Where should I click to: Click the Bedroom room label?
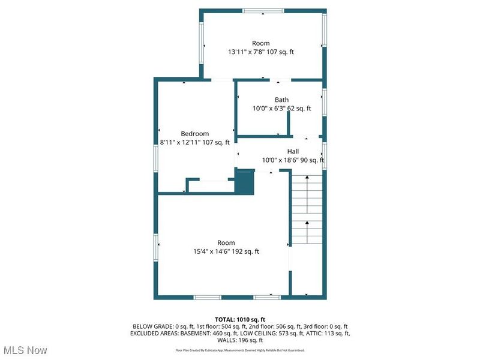pyautogui.click(x=194, y=133)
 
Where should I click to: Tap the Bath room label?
pyautogui.click(x=281, y=100)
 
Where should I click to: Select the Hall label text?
pyautogui.click(x=293, y=151)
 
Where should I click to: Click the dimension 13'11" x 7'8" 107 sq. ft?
pyautogui.click(x=260, y=52)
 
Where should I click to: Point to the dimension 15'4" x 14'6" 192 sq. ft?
pyautogui.click(x=226, y=251)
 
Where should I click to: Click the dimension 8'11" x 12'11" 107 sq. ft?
pyautogui.click(x=194, y=142)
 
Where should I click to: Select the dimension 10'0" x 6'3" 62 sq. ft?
pyautogui.click(x=281, y=109)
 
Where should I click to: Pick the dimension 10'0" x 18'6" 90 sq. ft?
pyautogui.click(x=293, y=160)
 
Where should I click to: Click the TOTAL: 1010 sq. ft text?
pyautogui.click(x=240, y=319)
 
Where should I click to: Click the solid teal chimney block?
pyautogui.click(x=245, y=182)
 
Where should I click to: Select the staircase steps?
pyautogui.click(x=307, y=210)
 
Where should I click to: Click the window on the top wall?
pyautogui.click(x=263, y=11)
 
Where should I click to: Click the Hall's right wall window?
pyautogui.click(x=324, y=153)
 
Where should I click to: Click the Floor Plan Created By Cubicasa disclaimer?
pyautogui.click(x=240, y=349)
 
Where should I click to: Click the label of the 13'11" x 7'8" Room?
pyautogui.click(x=260, y=43)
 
